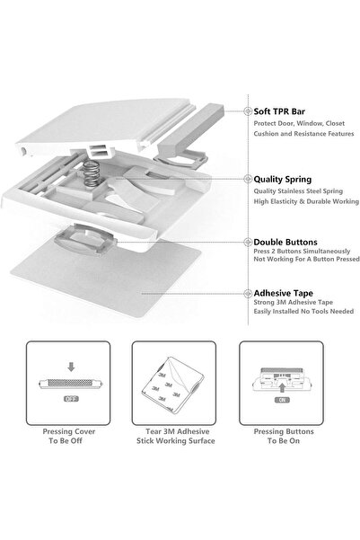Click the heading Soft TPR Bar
[x=279, y=111]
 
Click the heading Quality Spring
[x=283, y=180]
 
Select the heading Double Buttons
[x=285, y=242]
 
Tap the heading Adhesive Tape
[x=284, y=294]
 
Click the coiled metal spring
[x=92, y=174]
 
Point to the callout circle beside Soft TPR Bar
[x=248, y=111]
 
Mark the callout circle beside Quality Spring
[x=248, y=179]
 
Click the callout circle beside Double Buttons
[x=248, y=242]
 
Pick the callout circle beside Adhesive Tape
[x=248, y=294]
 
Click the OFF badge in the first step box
[x=71, y=399]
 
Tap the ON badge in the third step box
[x=282, y=400]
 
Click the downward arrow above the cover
[x=71, y=367]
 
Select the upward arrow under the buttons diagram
[x=282, y=388]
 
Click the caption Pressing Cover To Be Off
[x=68, y=436]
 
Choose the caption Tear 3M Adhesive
[x=177, y=431]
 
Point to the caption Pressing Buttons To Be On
[x=284, y=436]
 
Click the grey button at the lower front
[x=84, y=239]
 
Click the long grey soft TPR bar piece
[x=190, y=129]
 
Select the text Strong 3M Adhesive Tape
[x=294, y=303]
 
